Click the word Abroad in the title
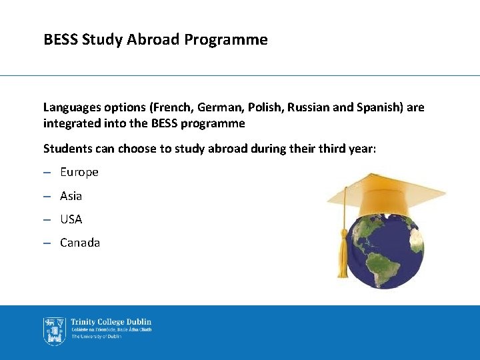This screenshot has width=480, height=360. pyautogui.click(x=157, y=40)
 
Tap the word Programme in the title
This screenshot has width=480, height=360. pyautogui.click(x=226, y=40)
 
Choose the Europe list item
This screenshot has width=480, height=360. pyautogui.click(x=79, y=172)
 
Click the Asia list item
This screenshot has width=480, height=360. pyautogui.click(x=71, y=196)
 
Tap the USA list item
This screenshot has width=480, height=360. pyautogui.click(x=71, y=219)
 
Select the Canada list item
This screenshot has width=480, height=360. pyautogui.click(x=80, y=243)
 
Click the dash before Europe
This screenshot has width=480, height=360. pyautogui.click(x=47, y=172)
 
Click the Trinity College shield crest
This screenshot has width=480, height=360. pyautogui.click(x=54, y=331)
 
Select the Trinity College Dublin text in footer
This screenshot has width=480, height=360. pyautogui.click(x=111, y=323)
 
